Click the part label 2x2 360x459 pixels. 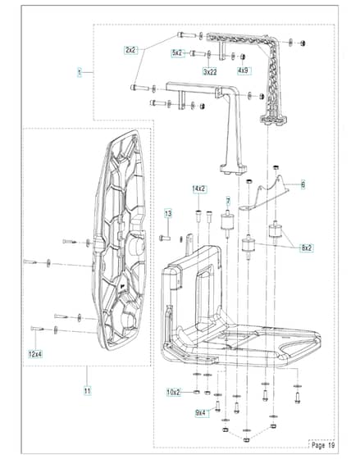130,50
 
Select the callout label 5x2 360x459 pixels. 177,53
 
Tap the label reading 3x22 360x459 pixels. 210,71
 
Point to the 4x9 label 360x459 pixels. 244,70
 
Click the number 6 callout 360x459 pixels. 303,184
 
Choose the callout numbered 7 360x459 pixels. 228,202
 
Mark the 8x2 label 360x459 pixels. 306,248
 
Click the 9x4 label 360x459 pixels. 201,413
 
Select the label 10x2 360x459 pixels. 174,392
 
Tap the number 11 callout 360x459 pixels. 87,391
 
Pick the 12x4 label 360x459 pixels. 35,354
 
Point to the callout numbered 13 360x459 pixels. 168,214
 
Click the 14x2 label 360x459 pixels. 199,189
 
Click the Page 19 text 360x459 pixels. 323,445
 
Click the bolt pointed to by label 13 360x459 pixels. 165,238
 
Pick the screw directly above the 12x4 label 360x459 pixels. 37,329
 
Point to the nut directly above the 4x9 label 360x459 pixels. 243,57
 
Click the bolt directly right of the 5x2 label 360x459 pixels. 197,53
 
